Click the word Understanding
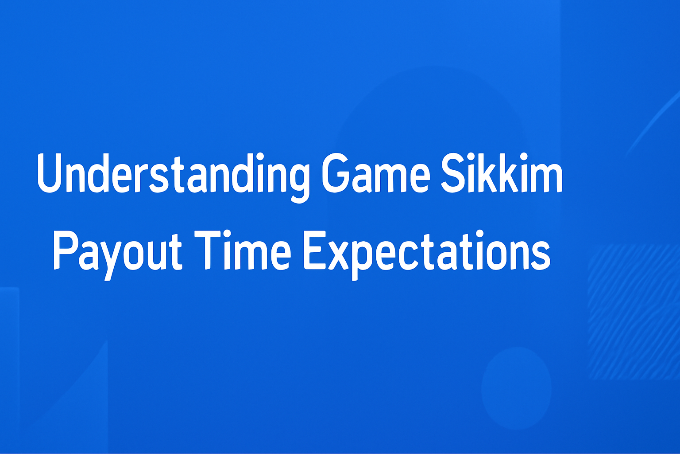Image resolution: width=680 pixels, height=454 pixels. tap(173, 174)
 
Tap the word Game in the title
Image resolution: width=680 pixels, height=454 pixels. tap(375, 174)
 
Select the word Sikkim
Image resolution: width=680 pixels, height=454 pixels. tap(501, 173)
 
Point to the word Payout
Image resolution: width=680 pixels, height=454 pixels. tap(117, 251)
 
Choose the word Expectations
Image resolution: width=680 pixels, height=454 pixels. tap(427, 251)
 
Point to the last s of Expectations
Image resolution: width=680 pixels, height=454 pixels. tap(540, 256)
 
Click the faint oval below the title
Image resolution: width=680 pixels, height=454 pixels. tap(516, 388)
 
